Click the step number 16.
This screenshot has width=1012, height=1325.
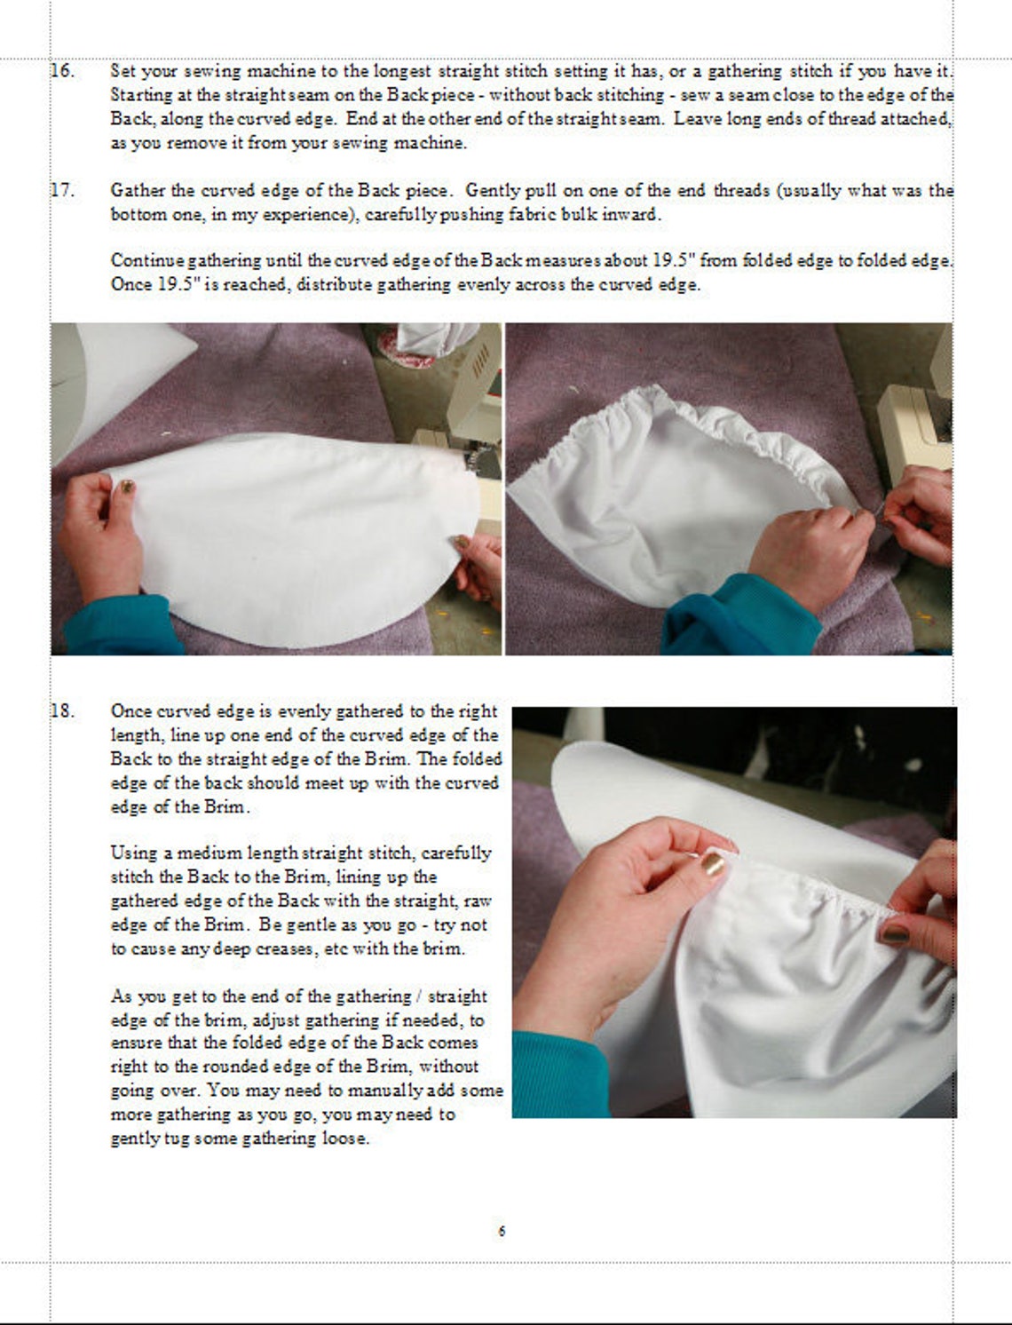pyautogui.click(x=61, y=71)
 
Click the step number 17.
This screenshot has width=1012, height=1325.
pyautogui.click(x=61, y=190)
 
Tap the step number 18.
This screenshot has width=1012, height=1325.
pyautogui.click(x=61, y=711)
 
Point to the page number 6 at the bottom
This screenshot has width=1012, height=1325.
pyautogui.click(x=502, y=1231)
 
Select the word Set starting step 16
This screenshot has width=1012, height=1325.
pyautogui.click(x=123, y=71)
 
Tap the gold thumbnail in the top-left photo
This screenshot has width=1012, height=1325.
pyautogui.click(x=127, y=487)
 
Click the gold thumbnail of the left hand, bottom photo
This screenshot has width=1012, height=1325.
pyautogui.click(x=712, y=863)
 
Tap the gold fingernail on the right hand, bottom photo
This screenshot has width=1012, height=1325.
pyautogui.click(x=893, y=933)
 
